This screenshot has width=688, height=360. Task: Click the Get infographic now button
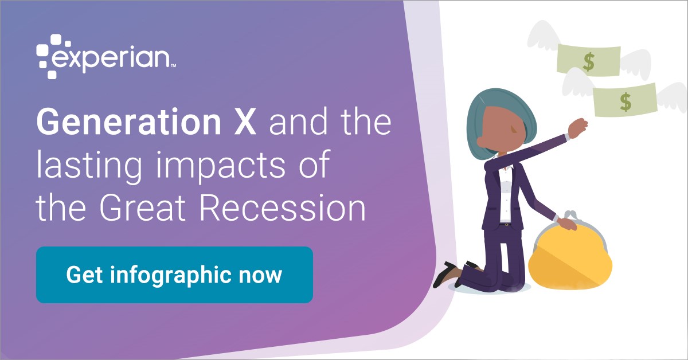tap(174, 275)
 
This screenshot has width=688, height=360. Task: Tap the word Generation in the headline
tap(128, 122)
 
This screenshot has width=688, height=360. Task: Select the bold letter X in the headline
tap(245, 122)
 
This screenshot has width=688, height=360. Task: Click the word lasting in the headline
tap(89, 166)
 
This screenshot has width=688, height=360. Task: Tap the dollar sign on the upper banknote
tap(589, 62)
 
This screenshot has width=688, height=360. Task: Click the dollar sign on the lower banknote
tap(626, 102)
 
